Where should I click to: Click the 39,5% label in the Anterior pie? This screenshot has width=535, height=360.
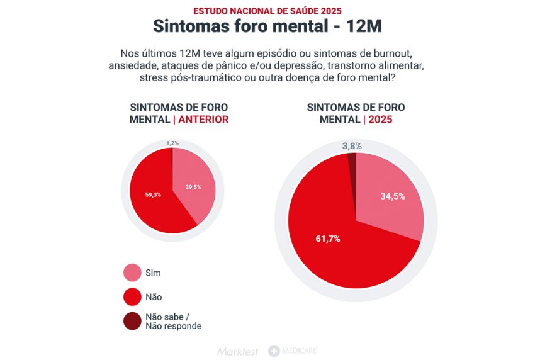coord(193,187)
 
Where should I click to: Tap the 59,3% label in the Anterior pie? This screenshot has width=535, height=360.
coord(153,194)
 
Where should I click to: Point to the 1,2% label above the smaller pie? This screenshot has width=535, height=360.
coord(172,143)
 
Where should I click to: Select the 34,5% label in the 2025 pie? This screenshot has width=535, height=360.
coord(392,196)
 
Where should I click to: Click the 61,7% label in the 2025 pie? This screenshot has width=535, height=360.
coord(328,239)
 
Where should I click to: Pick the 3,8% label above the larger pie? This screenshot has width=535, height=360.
coord(352,146)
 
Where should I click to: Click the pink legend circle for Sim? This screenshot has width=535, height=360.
coord(132,273)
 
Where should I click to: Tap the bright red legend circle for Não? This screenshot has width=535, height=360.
coord(132,296)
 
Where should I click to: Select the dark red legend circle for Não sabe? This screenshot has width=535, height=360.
coord(132,321)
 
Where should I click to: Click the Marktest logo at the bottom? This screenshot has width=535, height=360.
coord(237,351)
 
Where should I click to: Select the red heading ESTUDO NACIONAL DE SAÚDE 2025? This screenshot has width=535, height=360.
coord(267,11)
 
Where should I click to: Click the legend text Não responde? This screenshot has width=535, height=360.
coord(173,326)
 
